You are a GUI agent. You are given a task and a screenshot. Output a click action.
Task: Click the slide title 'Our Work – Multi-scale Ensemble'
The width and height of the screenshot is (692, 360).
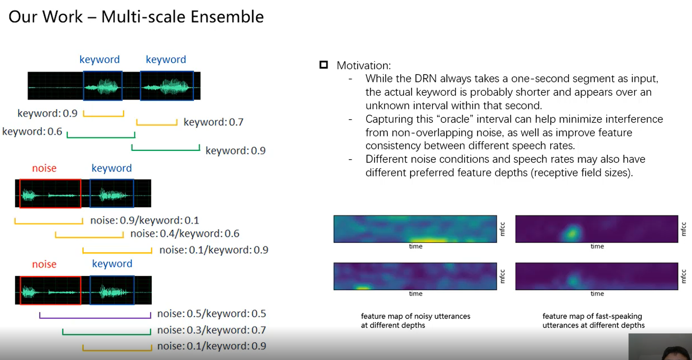point(136,17)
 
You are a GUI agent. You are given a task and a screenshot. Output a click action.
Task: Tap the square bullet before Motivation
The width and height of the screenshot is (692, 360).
point(323,65)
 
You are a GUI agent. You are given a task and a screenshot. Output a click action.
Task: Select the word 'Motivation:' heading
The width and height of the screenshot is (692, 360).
point(364,66)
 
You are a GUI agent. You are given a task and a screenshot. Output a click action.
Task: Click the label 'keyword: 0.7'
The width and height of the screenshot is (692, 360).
point(214,122)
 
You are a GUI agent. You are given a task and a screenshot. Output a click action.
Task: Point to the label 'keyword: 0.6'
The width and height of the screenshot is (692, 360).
point(32,132)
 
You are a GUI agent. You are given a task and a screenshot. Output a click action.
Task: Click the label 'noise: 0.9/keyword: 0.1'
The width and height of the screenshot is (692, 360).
point(145,221)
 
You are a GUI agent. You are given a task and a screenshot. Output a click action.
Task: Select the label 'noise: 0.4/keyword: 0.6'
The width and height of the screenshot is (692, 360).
point(185,233)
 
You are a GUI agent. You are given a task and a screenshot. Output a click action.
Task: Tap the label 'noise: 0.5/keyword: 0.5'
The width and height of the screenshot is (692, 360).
point(212,314)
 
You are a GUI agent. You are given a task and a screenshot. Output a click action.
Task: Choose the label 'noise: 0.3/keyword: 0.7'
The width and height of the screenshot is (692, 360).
point(212,330)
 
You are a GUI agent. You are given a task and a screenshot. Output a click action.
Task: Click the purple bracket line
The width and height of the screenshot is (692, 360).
point(95,318)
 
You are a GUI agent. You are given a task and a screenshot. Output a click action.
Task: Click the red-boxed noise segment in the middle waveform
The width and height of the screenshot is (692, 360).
point(50,194)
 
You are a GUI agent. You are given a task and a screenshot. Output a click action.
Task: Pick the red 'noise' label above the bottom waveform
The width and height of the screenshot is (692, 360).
point(44,264)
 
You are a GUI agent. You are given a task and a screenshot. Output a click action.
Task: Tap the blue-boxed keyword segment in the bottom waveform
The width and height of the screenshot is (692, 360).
point(112,290)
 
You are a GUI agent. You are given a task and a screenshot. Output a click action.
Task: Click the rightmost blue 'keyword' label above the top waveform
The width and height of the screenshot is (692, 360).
point(166,59)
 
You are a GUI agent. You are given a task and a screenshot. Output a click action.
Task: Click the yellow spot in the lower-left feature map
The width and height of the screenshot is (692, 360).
point(363,287)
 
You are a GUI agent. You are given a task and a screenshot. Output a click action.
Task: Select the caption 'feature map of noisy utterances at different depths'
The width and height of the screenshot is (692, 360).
point(416,321)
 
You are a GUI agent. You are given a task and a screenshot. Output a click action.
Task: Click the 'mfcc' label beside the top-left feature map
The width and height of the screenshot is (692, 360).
point(502,229)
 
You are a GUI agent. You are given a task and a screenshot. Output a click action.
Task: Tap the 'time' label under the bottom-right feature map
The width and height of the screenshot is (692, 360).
point(597,294)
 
